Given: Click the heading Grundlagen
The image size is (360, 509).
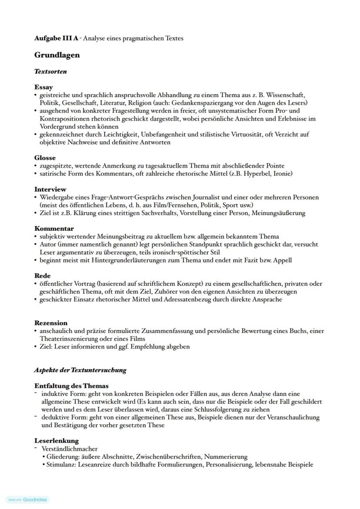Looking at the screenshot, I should click(x=57, y=55).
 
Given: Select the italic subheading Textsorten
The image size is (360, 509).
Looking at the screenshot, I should click(x=50, y=71).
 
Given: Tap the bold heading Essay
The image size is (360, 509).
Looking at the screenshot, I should click(x=43, y=87).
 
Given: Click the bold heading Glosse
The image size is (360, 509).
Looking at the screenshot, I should click(x=45, y=158).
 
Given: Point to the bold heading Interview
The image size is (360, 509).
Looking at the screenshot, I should click(x=50, y=189).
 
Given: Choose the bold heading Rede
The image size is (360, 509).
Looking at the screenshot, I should click(x=42, y=276).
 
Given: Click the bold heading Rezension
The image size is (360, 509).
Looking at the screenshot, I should click(x=51, y=323).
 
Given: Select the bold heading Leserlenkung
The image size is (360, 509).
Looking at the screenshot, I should click(x=57, y=441).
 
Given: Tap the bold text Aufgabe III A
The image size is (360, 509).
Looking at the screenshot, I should click(x=57, y=38).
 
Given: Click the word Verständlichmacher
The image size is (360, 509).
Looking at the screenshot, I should click(x=70, y=449).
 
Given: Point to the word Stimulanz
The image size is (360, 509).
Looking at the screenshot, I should click(x=61, y=464).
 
